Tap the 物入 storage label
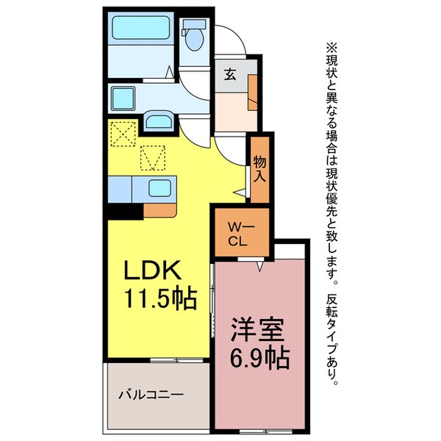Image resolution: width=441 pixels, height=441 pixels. pyautogui.click(x=259, y=168)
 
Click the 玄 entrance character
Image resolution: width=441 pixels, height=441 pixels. pyautogui.click(x=230, y=73)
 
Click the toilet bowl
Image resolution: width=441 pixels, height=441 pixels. pyautogui.click(x=195, y=35)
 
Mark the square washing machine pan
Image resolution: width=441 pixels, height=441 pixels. pyautogui.click(x=123, y=97)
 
